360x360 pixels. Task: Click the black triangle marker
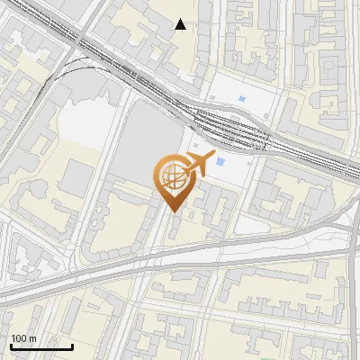click(x=181, y=24)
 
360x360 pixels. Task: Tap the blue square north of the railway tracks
click(x=241, y=98)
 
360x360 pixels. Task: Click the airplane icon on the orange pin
click(x=196, y=164)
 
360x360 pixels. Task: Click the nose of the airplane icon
click(x=212, y=157)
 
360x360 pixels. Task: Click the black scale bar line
click(x=41, y=346)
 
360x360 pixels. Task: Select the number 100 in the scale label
click(x=18, y=338)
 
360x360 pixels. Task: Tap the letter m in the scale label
click(x=31, y=338)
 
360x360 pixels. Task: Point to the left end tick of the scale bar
click(x=11, y=345)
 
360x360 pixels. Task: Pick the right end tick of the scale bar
click(x=72, y=345)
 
